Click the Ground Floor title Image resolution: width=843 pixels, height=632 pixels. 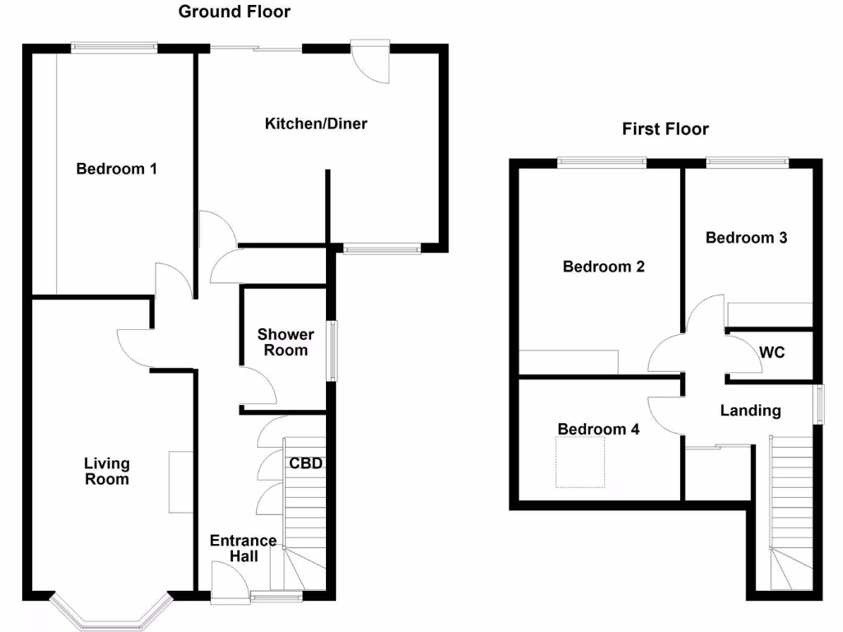(234, 12)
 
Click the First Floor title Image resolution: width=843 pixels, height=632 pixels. (665, 129)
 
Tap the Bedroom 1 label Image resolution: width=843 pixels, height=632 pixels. (116, 170)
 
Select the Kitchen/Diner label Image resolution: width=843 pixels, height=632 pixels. (315, 124)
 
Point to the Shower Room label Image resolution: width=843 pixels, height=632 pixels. (286, 342)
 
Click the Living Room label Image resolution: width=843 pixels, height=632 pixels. (106, 472)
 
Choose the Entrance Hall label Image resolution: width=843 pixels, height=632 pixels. (243, 548)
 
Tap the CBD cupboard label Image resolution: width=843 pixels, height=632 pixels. (305, 463)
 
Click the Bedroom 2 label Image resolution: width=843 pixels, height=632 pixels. (603, 267)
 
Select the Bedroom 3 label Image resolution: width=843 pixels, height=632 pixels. (747, 238)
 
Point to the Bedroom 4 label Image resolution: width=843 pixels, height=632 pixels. (598, 430)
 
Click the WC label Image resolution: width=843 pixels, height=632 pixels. (772, 353)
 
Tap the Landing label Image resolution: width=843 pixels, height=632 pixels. (750, 411)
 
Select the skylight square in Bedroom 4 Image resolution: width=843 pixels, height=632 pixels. (580, 462)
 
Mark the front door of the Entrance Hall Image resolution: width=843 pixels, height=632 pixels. (229, 581)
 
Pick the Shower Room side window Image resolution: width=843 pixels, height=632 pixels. (333, 351)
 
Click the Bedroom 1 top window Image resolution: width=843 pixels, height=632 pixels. (114, 48)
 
